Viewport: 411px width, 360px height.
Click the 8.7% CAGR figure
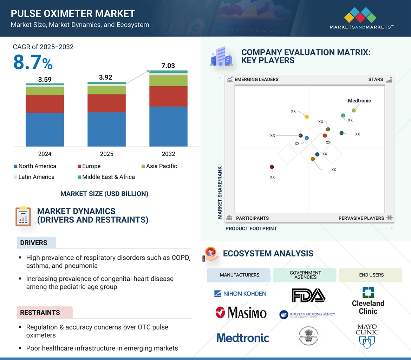[x=33, y=63]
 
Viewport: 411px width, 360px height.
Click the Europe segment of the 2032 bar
[x=168, y=96]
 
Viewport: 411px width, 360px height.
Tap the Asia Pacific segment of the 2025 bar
[x=106, y=90]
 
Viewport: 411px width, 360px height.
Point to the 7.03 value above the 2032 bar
[x=168, y=66]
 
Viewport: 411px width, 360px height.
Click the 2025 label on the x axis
[x=106, y=154]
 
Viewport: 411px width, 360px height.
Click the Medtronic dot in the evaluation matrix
[x=354, y=111]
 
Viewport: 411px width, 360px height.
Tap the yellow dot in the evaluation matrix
[x=307, y=116]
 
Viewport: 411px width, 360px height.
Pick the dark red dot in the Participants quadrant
[x=272, y=167]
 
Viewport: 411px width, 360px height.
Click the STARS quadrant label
[x=376, y=79]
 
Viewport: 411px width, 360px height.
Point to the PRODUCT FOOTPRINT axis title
[x=251, y=228]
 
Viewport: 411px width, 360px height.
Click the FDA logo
[x=308, y=295]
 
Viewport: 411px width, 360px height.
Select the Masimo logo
[x=241, y=312]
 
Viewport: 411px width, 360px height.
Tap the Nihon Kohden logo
[x=240, y=293]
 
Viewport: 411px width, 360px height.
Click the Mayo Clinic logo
[x=367, y=335]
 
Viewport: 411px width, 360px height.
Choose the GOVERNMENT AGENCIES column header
[x=305, y=275]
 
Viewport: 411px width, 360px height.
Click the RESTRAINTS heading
[x=40, y=312]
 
